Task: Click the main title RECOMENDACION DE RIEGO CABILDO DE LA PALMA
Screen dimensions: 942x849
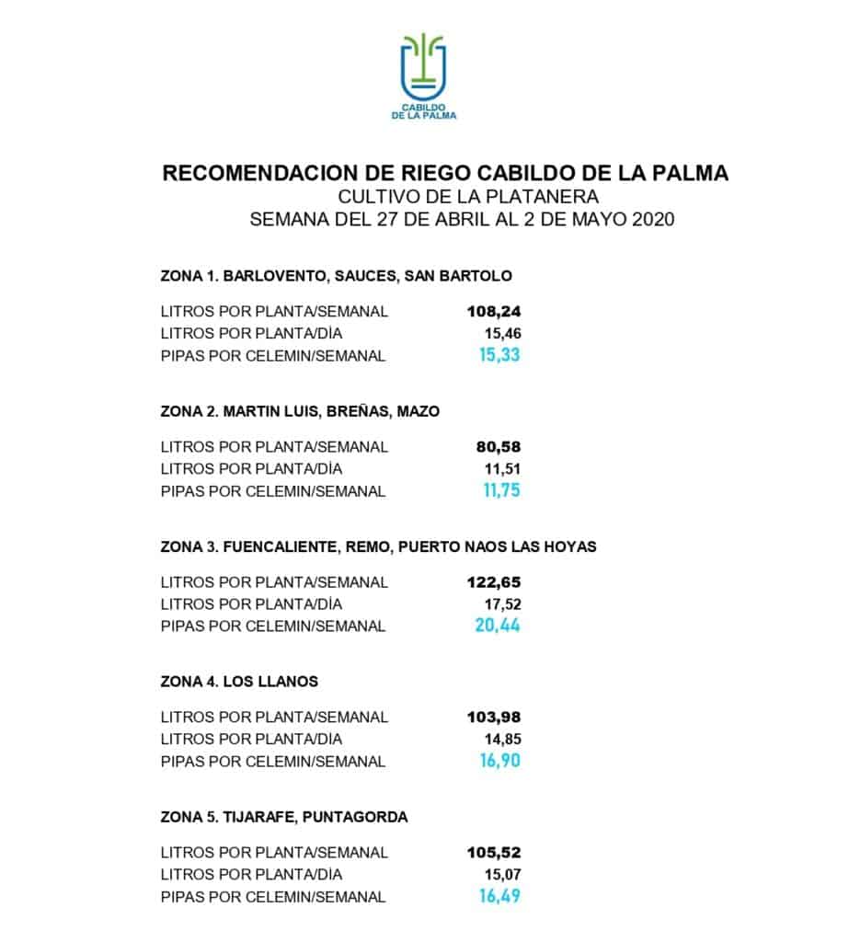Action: [x=444, y=173]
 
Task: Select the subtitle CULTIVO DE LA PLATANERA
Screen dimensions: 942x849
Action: [x=468, y=196]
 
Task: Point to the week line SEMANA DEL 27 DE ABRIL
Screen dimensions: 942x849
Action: [x=463, y=220]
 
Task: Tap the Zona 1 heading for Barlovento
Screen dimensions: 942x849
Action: [x=336, y=275]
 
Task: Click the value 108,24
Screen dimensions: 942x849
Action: [x=494, y=311]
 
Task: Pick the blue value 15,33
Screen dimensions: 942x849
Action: [x=499, y=355]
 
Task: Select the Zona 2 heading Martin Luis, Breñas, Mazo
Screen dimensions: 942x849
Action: [x=300, y=411]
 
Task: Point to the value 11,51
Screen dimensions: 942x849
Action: [x=503, y=469]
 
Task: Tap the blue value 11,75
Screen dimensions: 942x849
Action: [x=501, y=491]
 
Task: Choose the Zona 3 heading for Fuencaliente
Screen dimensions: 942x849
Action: [x=378, y=546]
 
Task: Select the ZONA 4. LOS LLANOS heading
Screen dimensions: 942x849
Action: [x=239, y=682]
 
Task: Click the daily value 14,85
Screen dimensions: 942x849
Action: [x=503, y=739]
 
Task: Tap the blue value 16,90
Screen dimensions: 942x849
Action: [x=499, y=761]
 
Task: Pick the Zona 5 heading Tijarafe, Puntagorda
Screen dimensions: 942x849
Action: [x=283, y=817]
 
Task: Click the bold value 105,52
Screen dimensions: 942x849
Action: [x=494, y=853]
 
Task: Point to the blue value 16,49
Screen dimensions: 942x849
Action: [x=499, y=897]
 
